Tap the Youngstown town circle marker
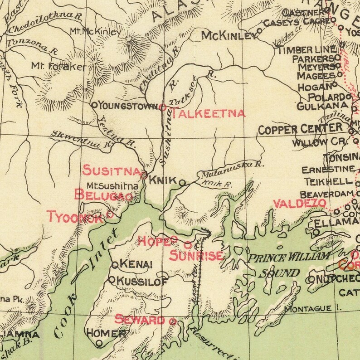click(x=94, y=105)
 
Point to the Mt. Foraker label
click(x=58, y=66)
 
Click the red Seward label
click(x=140, y=320)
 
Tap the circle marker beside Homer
click(x=99, y=344)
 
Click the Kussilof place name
click(x=142, y=281)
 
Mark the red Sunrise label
click(x=196, y=256)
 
